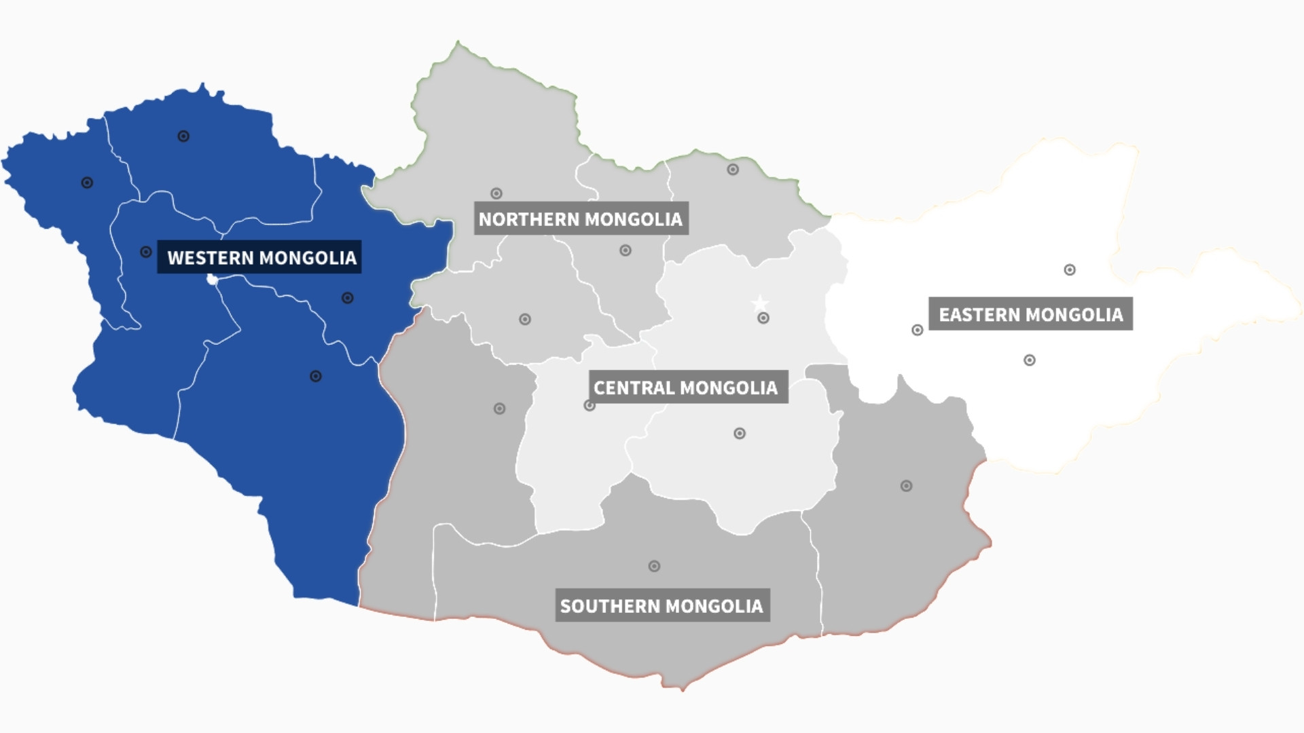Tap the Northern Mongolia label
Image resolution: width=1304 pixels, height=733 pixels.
coord(581,219)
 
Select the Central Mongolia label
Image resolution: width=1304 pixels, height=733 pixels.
coord(686,388)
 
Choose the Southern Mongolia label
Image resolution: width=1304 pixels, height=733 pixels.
coord(662,606)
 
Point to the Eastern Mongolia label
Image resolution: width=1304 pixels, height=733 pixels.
coord(1030,315)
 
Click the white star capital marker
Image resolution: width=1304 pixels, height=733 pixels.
coord(760,302)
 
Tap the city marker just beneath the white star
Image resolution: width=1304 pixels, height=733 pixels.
coord(763,318)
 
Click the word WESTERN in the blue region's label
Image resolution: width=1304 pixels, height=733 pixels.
coord(211,258)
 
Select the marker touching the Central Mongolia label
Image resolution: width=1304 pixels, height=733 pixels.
coord(590,406)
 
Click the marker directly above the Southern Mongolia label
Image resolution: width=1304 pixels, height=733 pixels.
coord(654,566)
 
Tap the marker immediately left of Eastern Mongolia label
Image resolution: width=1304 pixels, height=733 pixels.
coord(918,331)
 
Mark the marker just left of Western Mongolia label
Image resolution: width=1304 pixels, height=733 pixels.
coord(146,252)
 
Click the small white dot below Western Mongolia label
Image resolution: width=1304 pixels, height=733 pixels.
coord(212,280)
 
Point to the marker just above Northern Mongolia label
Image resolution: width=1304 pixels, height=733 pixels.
coord(496,193)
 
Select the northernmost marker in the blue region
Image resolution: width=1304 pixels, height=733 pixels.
coord(183,136)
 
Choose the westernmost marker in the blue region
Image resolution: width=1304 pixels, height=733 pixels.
coord(87,183)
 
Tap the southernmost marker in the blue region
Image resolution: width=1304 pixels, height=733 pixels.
coord(316,376)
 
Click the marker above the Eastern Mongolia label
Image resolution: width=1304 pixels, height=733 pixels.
coord(1070,270)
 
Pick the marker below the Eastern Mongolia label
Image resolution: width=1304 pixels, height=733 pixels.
coord(1030,360)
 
